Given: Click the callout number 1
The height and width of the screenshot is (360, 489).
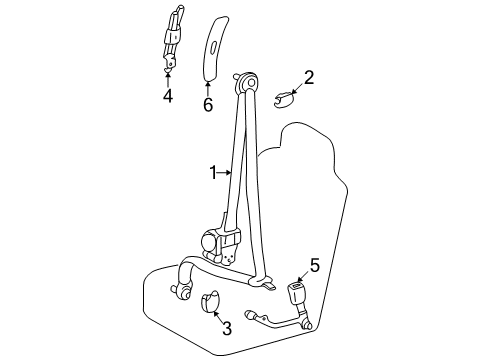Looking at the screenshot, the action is (213, 173).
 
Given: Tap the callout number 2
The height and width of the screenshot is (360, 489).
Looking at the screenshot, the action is (309, 78).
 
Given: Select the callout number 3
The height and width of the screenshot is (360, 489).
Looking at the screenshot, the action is (227, 328).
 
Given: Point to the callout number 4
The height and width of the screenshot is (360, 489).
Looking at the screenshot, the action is (168, 96).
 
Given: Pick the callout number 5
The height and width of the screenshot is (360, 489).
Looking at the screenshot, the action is (315, 265).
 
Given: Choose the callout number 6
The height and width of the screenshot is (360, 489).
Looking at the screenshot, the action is (208, 105).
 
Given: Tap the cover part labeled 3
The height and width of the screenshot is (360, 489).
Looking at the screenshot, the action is (210, 302).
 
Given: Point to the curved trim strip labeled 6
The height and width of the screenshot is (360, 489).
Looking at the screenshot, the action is (216, 48).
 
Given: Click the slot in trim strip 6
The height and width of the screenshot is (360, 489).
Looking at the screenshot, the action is (214, 46).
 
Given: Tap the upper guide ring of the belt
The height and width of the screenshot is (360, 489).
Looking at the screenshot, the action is (248, 82).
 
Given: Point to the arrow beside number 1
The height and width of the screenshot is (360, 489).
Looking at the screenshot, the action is (225, 173).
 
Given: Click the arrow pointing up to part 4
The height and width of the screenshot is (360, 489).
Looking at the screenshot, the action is (168, 79).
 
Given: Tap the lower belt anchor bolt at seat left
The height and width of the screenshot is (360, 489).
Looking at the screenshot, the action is (179, 291).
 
